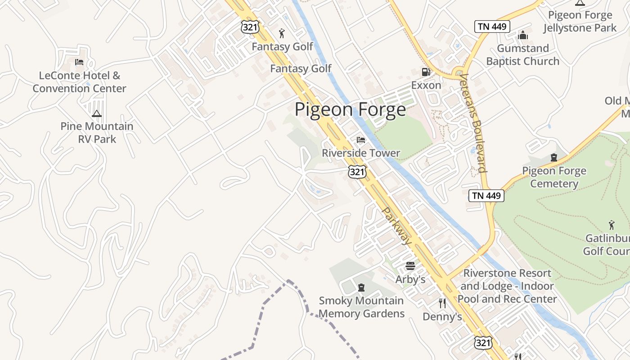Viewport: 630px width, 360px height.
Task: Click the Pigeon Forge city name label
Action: (x=350, y=110)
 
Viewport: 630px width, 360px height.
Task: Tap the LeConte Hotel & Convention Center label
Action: (x=80, y=82)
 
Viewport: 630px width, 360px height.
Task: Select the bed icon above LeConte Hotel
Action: (x=79, y=62)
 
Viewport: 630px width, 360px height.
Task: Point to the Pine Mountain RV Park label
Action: (x=97, y=133)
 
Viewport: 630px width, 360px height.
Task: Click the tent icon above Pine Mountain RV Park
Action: (x=97, y=113)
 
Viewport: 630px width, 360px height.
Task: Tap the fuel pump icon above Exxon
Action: (x=425, y=72)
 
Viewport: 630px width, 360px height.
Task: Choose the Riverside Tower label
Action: (x=361, y=153)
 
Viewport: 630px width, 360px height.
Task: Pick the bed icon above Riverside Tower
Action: (x=361, y=140)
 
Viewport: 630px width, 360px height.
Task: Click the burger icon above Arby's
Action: (x=410, y=266)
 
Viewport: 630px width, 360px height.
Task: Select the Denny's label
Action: (x=442, y=317)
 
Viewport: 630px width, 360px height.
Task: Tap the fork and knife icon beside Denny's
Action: (x=442, y=303)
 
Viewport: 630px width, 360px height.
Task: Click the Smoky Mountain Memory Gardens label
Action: (x=361, y=307)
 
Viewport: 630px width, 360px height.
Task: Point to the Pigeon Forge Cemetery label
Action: (x=554, y=177)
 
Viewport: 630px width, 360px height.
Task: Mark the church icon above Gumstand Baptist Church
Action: (x=523, y=35)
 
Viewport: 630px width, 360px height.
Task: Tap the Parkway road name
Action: (x=396, y=226)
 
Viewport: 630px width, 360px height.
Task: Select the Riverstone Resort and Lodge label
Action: (x=507, y=286)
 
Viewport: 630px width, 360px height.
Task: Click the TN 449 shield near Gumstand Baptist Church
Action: (x=492, y=27)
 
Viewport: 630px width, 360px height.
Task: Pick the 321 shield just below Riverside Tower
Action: (x=357, y=171)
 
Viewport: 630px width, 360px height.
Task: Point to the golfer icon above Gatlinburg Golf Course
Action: (x=612, y=225)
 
